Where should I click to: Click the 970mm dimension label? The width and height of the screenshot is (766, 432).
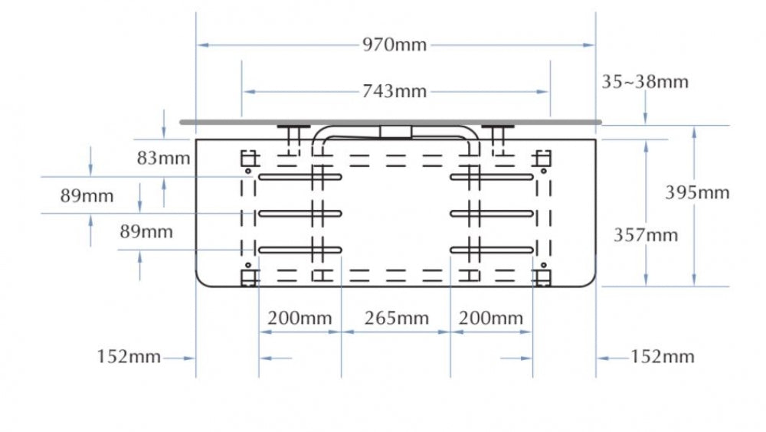(x=394, y=45)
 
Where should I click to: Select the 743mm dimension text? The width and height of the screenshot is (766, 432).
(x=394, y=91)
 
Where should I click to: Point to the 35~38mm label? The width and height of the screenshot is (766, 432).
(x=645, y=82)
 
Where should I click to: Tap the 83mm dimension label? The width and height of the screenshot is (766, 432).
(x=163, y=159)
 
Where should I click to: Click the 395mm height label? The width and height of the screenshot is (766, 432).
(x=697, y=192)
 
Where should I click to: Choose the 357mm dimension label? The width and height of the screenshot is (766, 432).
(x=646, y=235)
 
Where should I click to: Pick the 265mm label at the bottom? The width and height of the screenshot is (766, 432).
(x=396, y=318)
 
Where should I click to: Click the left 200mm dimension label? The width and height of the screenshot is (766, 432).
(x=300, y=318)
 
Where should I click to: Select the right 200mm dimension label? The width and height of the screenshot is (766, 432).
(x=490, y=318)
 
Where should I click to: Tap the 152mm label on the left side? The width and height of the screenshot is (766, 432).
(x=129, y=357)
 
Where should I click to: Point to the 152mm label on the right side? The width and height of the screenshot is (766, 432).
(x=663, y=357)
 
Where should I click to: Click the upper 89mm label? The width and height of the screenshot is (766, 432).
(x=87, y=196)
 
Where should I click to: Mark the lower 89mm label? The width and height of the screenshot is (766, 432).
(x=146, y=231)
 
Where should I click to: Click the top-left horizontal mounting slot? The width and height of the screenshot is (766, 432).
(x=300, y=177)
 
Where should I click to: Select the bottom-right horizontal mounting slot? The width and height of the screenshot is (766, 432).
(x=492, y=250)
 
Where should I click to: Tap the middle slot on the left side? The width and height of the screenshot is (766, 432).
(x=300, y=214)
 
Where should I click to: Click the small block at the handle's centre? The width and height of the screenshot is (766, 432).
(x=396, y=132)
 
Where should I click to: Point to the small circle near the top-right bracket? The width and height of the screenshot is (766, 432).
(x=543, y=171)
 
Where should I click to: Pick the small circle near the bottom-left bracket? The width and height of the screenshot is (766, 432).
(x=248, y=265)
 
